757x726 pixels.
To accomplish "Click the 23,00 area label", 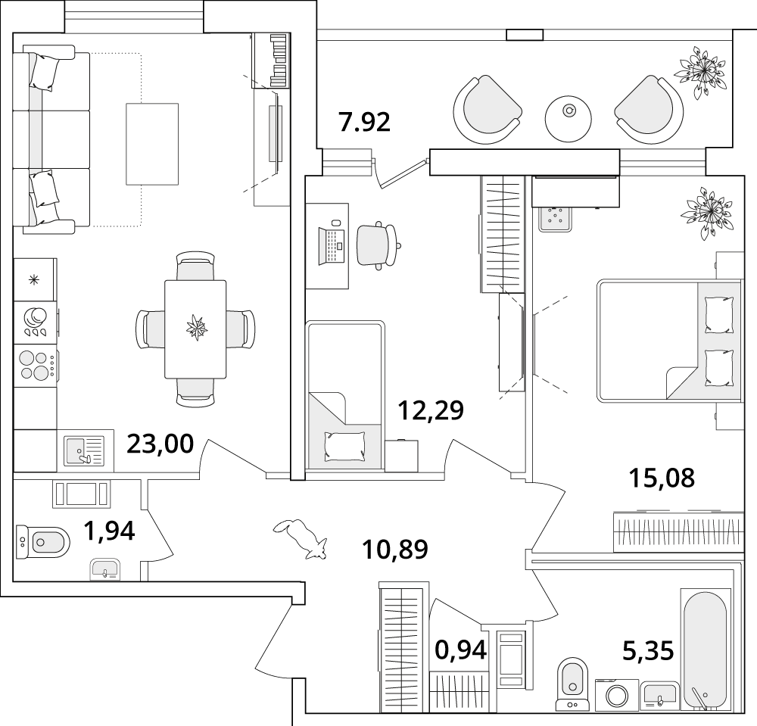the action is click(160, 444).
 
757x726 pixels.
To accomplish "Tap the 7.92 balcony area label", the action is click(365, 122).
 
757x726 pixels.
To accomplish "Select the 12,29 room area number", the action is click(431, 410).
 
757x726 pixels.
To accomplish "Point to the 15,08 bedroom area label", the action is click(662, 478).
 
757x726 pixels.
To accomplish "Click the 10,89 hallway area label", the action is click(395, 550).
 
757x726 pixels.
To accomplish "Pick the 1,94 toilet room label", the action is click(109, 531).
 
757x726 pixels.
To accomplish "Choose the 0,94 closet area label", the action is click(460, 650).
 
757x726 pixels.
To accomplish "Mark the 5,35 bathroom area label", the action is click(648, 650).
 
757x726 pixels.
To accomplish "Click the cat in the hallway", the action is click(301, 539).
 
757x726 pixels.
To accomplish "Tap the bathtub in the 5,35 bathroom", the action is click(703, 650).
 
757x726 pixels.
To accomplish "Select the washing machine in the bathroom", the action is click(616, 695).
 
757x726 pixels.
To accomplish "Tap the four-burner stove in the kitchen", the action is click(36, 365).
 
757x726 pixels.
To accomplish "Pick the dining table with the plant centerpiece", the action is click(195, 329).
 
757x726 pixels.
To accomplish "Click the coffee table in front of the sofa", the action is click(152, 144).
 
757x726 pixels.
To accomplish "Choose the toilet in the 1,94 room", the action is click(42, 542).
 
